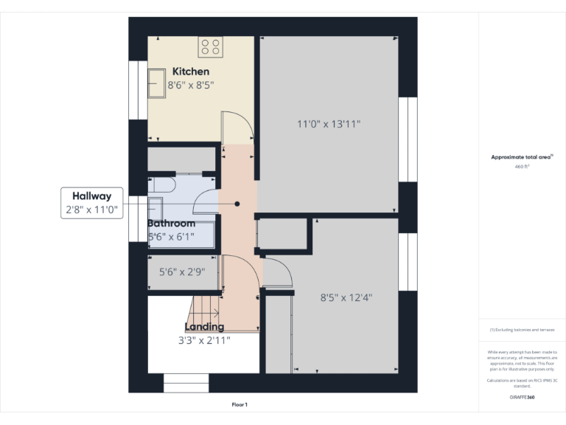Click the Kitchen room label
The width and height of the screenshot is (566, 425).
tap(191, 72)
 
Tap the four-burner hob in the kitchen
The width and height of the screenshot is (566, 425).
tap(210, 47)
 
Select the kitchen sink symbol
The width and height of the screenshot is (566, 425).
tap(157, 83)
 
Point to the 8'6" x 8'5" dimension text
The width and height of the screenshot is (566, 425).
tap(191, 86)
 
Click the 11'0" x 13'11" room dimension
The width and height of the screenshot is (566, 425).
tap(328, 125)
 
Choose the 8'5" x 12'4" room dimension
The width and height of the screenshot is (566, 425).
tap(346, 298)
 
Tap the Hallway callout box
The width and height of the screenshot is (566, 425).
tap(91, 203)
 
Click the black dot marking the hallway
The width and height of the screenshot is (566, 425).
tap(237, 204)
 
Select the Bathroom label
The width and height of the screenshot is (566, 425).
tap(172, 224)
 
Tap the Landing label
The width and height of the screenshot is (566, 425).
tap(204, 327)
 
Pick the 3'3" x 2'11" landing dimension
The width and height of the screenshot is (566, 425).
tap(204, 340)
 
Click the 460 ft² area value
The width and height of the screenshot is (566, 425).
tap(523, 167)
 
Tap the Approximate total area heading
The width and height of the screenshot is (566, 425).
tap(522, 157)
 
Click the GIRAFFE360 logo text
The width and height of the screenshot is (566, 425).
tap(523, 398)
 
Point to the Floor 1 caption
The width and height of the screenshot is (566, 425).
tap(240, 404)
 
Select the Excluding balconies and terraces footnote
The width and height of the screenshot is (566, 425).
tap(523, 330)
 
